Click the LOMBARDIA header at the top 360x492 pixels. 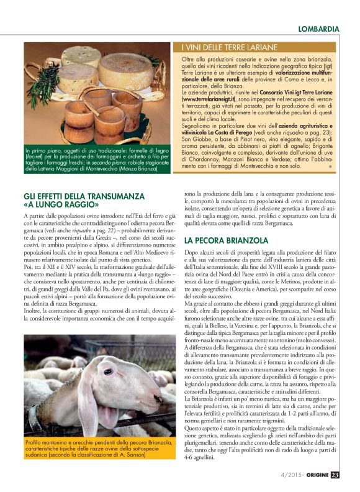[x=318, y=29]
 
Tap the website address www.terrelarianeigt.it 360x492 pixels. [x=209, y=98]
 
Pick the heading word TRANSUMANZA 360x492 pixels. [x=116, y=196]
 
